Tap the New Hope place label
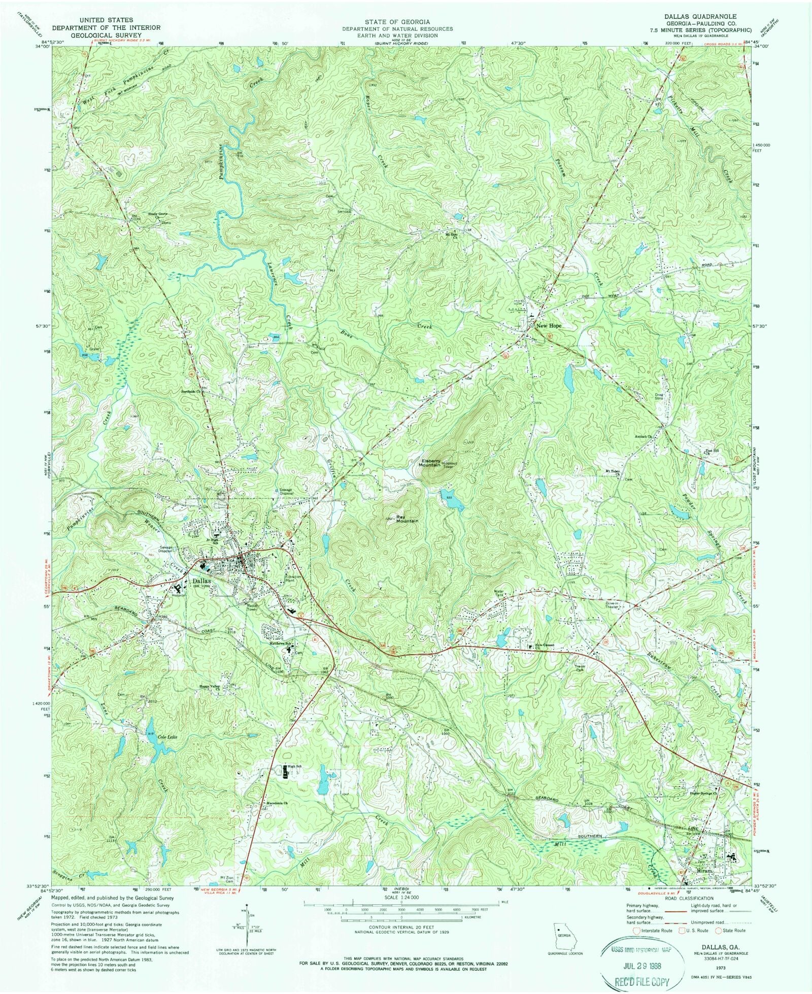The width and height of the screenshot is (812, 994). pos(549,325)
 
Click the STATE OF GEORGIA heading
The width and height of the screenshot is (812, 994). pos(397,22)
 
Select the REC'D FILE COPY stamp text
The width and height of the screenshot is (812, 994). pos(641,982)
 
